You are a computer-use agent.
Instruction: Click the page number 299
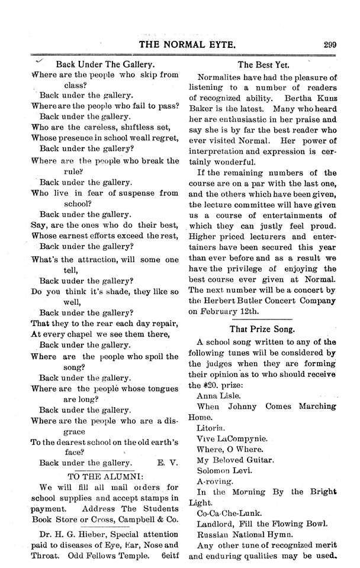coord(330,43)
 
